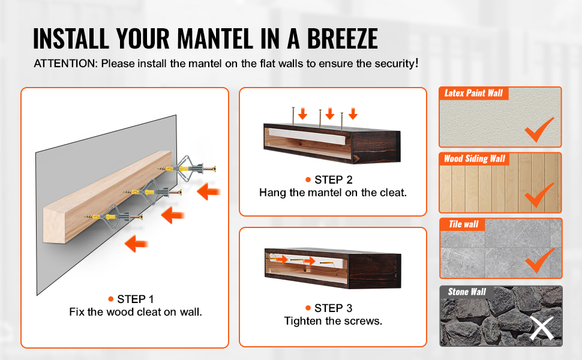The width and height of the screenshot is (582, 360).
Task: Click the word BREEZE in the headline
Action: click(342, 38)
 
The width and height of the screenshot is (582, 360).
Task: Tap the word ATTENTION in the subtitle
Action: click(65, 64)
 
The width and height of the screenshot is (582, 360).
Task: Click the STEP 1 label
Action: click(135, 299)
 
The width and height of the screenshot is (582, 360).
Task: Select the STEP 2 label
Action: click(334, 179)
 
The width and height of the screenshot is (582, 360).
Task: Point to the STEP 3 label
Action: click(334, 308)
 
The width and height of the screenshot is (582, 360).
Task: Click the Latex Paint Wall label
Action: click(473, 93)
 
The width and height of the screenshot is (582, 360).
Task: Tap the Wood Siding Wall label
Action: click(475, 159)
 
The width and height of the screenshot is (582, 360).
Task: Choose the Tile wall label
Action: click(464, 224)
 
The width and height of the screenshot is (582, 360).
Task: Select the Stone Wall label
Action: click(467, 292)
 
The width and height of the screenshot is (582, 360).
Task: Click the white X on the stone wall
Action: click(542, 328)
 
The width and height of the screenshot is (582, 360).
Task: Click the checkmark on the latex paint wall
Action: click(539, 130)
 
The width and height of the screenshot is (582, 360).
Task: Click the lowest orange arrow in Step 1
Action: click(136, 244)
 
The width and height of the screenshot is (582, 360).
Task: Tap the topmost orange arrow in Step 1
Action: click(209, 191)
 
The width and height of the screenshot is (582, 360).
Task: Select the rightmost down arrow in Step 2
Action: click(353, 113)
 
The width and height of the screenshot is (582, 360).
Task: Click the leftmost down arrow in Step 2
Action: click(302, 113)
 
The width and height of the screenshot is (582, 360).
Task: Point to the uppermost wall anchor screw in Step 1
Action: click(187, 169)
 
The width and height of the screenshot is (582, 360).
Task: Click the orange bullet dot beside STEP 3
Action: click(308, 308)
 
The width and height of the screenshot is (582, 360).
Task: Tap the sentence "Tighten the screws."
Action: click(334, 321)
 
